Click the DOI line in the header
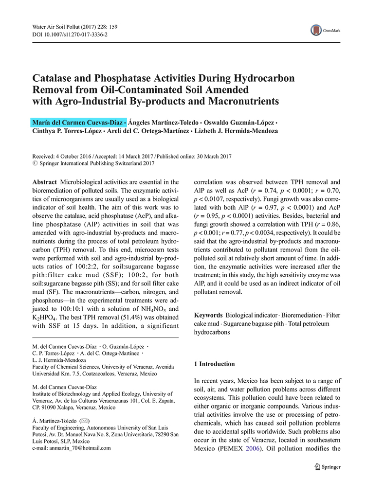tap(70, 35)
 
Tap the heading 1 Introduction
tap(215, 364)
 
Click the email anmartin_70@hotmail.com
tap(75, 448)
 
